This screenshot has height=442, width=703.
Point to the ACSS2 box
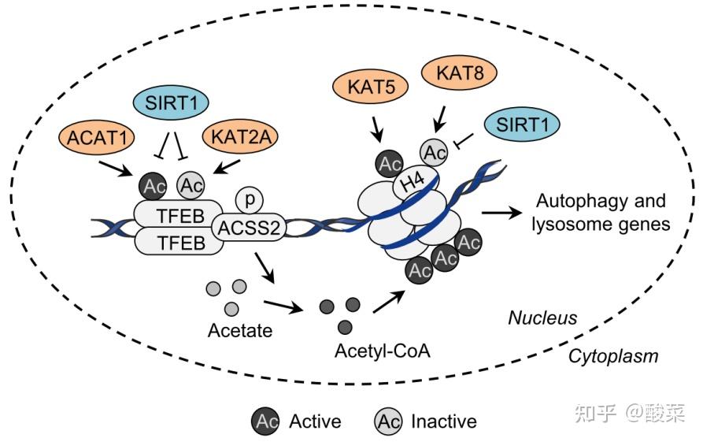point(248,228)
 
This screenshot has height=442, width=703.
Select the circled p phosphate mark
point(249,200)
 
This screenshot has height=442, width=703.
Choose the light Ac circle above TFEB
point(190,186)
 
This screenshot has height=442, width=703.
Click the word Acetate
point(240,330)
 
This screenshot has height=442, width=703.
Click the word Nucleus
point(542,318)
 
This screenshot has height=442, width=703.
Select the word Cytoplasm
point(612,356)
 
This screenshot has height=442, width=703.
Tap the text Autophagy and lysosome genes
point(600,212)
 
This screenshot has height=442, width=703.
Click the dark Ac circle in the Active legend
point(266,421)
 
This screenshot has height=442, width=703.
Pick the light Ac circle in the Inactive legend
point(390,421)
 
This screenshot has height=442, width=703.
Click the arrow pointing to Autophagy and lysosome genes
point(504,212)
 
